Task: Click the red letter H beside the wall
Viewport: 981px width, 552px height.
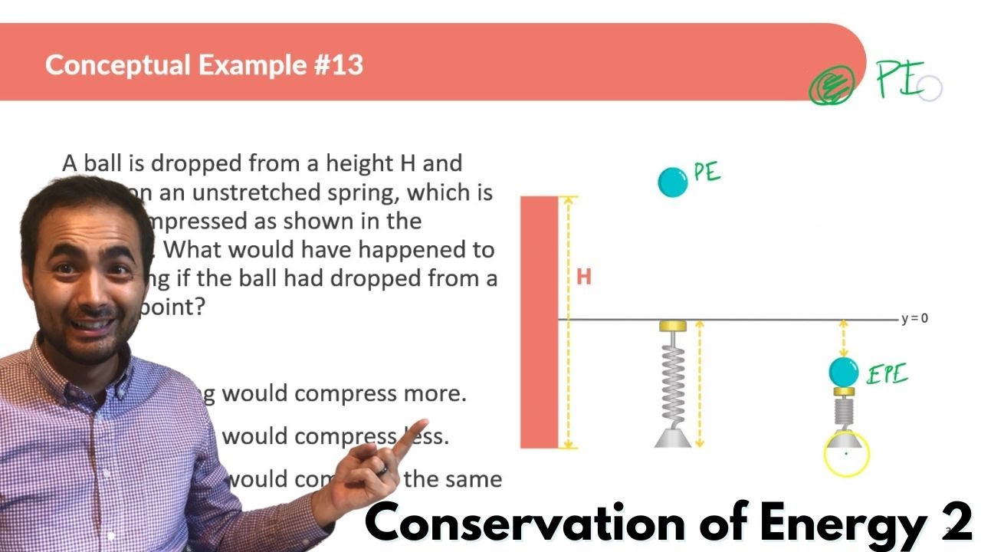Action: coord(584,277)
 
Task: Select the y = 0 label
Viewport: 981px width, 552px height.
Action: coord(914,318)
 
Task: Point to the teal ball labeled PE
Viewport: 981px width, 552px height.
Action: coord(673,182)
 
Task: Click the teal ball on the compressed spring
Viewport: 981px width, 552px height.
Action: coord(844,372)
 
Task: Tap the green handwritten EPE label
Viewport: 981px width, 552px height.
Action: coord(887,375)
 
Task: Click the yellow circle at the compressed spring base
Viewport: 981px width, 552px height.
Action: coord(846,454)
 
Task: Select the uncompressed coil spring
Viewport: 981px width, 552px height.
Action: coord(673,379)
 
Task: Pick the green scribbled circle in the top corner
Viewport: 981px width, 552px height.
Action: coord(832,86)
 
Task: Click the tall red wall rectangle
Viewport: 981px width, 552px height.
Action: coord(539,322)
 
